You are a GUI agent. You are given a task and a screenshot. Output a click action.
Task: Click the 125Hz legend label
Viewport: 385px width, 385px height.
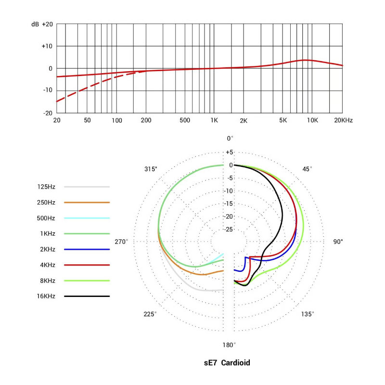(x=46, y=187)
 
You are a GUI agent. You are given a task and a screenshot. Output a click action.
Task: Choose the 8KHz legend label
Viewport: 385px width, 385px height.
(x=46, y=281)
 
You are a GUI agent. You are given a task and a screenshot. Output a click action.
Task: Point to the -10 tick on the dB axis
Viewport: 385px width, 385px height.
(x=47, y=90)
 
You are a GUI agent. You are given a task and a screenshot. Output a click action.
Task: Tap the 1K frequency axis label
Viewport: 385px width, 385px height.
(x=214, y=120)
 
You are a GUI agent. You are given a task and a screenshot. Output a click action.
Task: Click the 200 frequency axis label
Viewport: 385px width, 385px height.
(x=146, y=120)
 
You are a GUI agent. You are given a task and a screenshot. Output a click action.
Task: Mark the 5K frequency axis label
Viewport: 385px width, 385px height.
(x=283, y=120)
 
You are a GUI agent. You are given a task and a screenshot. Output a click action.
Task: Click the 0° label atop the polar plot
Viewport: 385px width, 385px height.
(x=230, y=139)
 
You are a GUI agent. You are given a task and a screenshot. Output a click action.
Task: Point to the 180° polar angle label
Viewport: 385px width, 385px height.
(x=229, y=345)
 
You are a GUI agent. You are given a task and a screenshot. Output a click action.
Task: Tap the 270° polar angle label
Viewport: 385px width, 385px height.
(x=121, y=242)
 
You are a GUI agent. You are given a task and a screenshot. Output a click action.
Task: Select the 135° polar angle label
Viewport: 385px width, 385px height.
(x=308, y=314)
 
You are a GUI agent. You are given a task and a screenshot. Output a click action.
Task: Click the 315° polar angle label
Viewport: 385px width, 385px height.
(x=151, y=169)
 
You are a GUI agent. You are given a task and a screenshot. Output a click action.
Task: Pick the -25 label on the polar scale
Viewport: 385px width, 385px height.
(x=229, y=229)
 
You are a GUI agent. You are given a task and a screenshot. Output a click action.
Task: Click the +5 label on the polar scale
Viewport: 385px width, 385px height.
(x=229, y=152)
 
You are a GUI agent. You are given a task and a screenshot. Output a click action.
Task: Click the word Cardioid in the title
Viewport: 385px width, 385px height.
(x=236, y=362)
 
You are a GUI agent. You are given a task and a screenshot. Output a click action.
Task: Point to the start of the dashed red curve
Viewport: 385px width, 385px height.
(x=57, y=102)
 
